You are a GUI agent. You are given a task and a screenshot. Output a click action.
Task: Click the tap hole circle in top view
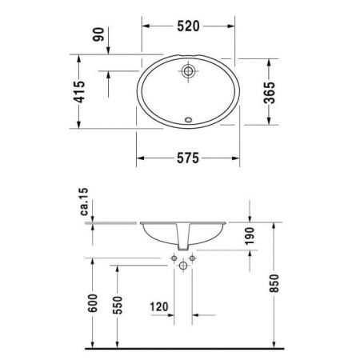pos(188,71)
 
